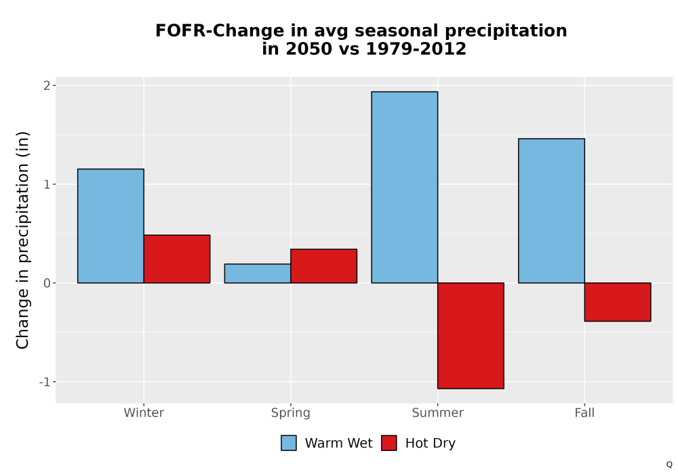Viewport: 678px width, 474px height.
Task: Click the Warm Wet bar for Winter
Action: click(x=111, y=225)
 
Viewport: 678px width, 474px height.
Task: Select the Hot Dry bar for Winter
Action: click(x=177, y=259)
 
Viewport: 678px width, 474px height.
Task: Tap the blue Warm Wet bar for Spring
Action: click(x=258, y=274)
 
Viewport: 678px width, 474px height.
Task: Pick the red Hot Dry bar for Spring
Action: click(x=324, y=266)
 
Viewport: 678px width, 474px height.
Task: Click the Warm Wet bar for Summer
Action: click(x=405, y=188)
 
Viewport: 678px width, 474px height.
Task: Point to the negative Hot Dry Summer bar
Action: click(x=471, y=336)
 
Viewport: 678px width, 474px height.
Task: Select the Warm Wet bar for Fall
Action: click(x=551, y=211)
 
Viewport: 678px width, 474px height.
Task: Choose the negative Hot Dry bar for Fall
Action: click(x=618, y=302)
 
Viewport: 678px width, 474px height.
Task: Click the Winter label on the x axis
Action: click(x=144, y=412)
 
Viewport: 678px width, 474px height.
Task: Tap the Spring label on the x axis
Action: click(x=291, y=413)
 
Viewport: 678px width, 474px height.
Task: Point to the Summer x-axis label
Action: click(x=437, y=412)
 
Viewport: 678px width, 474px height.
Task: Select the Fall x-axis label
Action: click(x=584, y=412)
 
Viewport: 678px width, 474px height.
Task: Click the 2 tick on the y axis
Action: click(x=47, y=85)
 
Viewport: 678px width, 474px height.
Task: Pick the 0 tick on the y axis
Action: click(x=47, y=283)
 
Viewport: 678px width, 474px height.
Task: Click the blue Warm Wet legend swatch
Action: click(x=289, y=443)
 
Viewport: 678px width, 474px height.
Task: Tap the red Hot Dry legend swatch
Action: click(x=389, y=443)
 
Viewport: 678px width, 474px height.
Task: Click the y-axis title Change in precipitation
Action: click(x=22, y=240)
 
